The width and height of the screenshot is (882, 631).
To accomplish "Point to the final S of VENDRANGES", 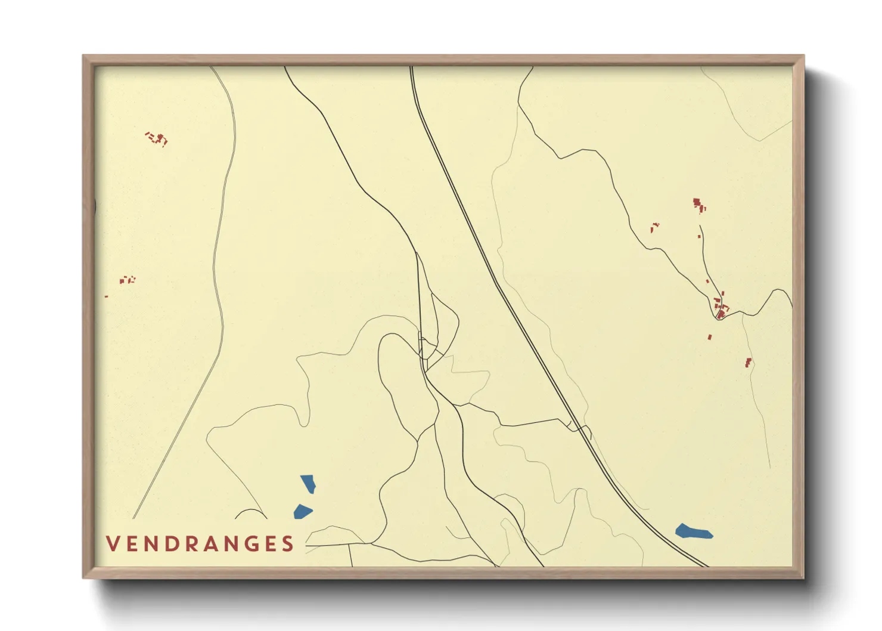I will click(x=288, y=544).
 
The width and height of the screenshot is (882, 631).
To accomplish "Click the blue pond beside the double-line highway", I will click(x=694, y=531).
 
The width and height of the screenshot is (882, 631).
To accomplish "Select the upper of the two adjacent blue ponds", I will click(x=308, y=483).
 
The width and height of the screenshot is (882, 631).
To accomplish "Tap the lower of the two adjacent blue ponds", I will click(x=303, y=512).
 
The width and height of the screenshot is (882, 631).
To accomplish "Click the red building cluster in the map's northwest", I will click(x=157, y=139).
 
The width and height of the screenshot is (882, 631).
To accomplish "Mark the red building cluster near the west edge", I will click(x=127, y=279).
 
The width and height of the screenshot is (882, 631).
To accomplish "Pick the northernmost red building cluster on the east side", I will click(x=698, y=205).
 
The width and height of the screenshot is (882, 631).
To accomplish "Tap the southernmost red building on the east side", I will click(x=748, y=362).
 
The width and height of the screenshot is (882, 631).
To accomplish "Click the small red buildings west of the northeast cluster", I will click(x=654, y=227).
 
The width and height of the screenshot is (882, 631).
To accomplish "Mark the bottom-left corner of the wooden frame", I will click(x=84, y=577).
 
